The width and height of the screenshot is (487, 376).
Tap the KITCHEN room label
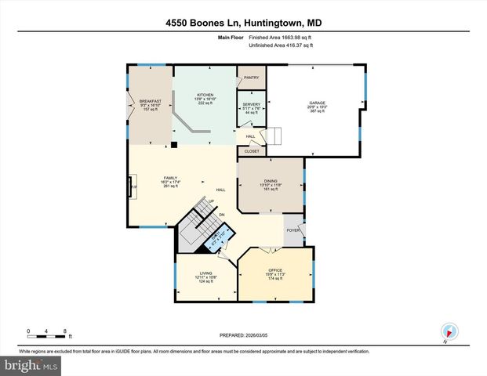click(x=205, y=96)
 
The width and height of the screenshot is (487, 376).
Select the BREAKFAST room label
click(x=150, y=101)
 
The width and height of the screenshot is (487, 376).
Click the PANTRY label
click(x=252, y=78)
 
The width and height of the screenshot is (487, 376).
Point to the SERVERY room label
click(x=251, y=105)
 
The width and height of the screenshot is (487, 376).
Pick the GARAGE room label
click(x=317, y=103)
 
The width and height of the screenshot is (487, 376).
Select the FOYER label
click(x=293, y=230)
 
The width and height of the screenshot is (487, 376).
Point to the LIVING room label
click(x=205, y=273)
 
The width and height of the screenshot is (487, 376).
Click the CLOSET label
click(x=252, y=151)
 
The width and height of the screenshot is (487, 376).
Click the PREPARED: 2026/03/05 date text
click(x=244, y=335)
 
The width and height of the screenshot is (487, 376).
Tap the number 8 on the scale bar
click(x=65, y=331)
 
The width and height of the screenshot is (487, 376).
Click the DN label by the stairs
click(x=222, y=214)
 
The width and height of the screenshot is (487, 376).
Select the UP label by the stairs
click(x=211, y=201)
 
